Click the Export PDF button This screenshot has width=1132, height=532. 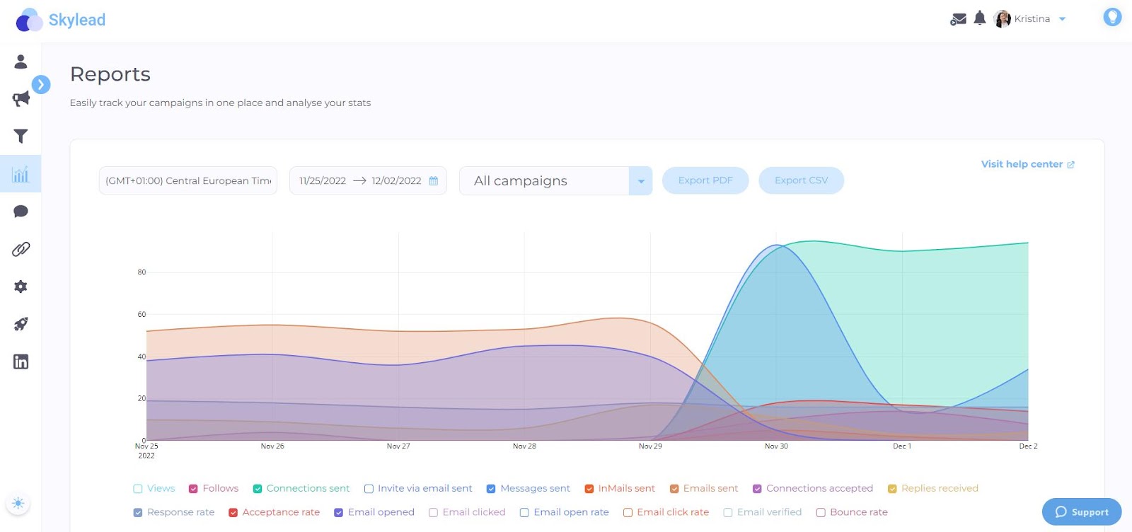705,180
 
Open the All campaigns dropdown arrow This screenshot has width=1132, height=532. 640,181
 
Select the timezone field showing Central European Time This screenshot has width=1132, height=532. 188,180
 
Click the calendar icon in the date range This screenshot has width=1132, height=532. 434,181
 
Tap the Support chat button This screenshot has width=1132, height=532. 1081,511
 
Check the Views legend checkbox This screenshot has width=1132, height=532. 138,489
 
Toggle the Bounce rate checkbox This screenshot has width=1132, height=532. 821,513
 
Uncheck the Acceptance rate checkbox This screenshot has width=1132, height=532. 233,513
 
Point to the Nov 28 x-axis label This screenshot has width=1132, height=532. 524,446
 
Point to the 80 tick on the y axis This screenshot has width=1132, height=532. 141,272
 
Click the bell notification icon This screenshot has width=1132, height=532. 979,18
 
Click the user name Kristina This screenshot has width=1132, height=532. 1032,19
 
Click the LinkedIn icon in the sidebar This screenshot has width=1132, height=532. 21,362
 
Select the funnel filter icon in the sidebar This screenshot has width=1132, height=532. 21,136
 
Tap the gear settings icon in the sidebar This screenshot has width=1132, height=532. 21,287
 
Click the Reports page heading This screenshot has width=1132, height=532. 110,74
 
